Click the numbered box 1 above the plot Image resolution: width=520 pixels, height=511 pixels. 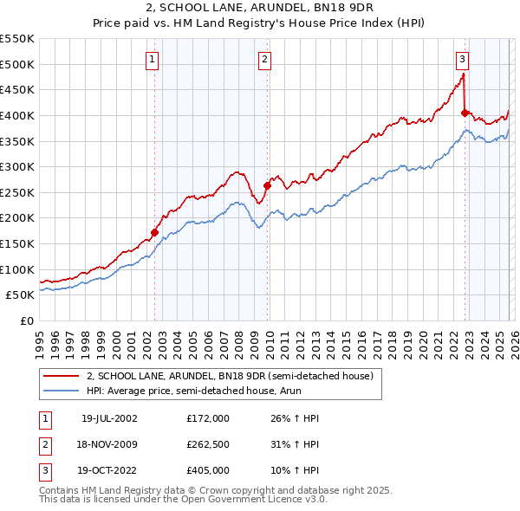[x=153, y=60]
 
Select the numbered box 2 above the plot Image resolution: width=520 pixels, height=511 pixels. [x=263, y=60]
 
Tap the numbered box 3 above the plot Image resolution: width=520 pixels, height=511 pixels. [x=463, y=60]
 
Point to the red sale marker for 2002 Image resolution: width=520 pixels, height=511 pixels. [x=155, y=232]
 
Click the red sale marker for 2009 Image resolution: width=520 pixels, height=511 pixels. [x=267, y=185]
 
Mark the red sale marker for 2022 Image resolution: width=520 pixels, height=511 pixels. [x=465, y=113]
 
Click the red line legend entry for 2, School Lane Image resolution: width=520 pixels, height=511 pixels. [x=230, y=376]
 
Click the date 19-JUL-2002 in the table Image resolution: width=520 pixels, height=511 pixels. [x=109, y=418]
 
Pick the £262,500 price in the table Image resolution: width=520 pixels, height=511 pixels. [x=208, y=445]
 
